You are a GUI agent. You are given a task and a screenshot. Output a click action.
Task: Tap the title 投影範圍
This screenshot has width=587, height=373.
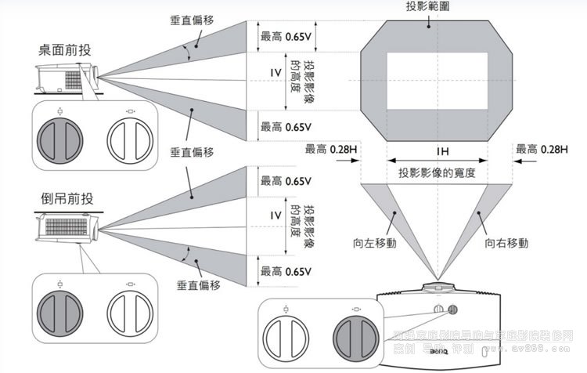(427, 6)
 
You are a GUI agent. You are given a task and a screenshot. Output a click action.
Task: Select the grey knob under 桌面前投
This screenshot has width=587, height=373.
(59, 142)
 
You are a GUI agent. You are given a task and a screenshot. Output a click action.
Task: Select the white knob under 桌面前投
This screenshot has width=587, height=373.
(128, 142)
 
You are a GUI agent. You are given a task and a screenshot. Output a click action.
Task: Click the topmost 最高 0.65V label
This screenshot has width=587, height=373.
(286, 35)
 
